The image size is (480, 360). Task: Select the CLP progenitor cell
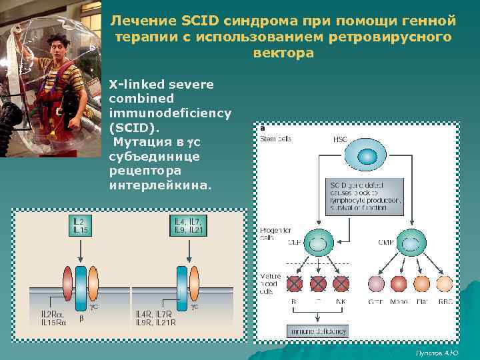click(318, 244)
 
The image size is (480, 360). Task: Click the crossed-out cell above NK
click(341, 284)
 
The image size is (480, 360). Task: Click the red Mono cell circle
click(399, 284)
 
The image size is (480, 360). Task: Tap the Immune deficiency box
click(317, 331)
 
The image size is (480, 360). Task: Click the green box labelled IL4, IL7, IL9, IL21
click(189, 225)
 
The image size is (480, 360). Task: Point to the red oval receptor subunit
click(68, 283)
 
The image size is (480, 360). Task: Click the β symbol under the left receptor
click(81, 319)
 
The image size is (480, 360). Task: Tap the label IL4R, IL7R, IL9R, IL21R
click(156, 318)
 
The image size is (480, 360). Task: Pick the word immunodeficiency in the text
click(170, 113)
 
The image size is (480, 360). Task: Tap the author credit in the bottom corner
click(438, 352)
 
